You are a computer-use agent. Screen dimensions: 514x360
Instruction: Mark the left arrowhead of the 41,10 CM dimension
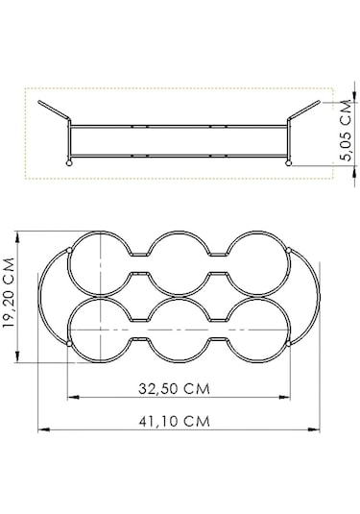[41, 430]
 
